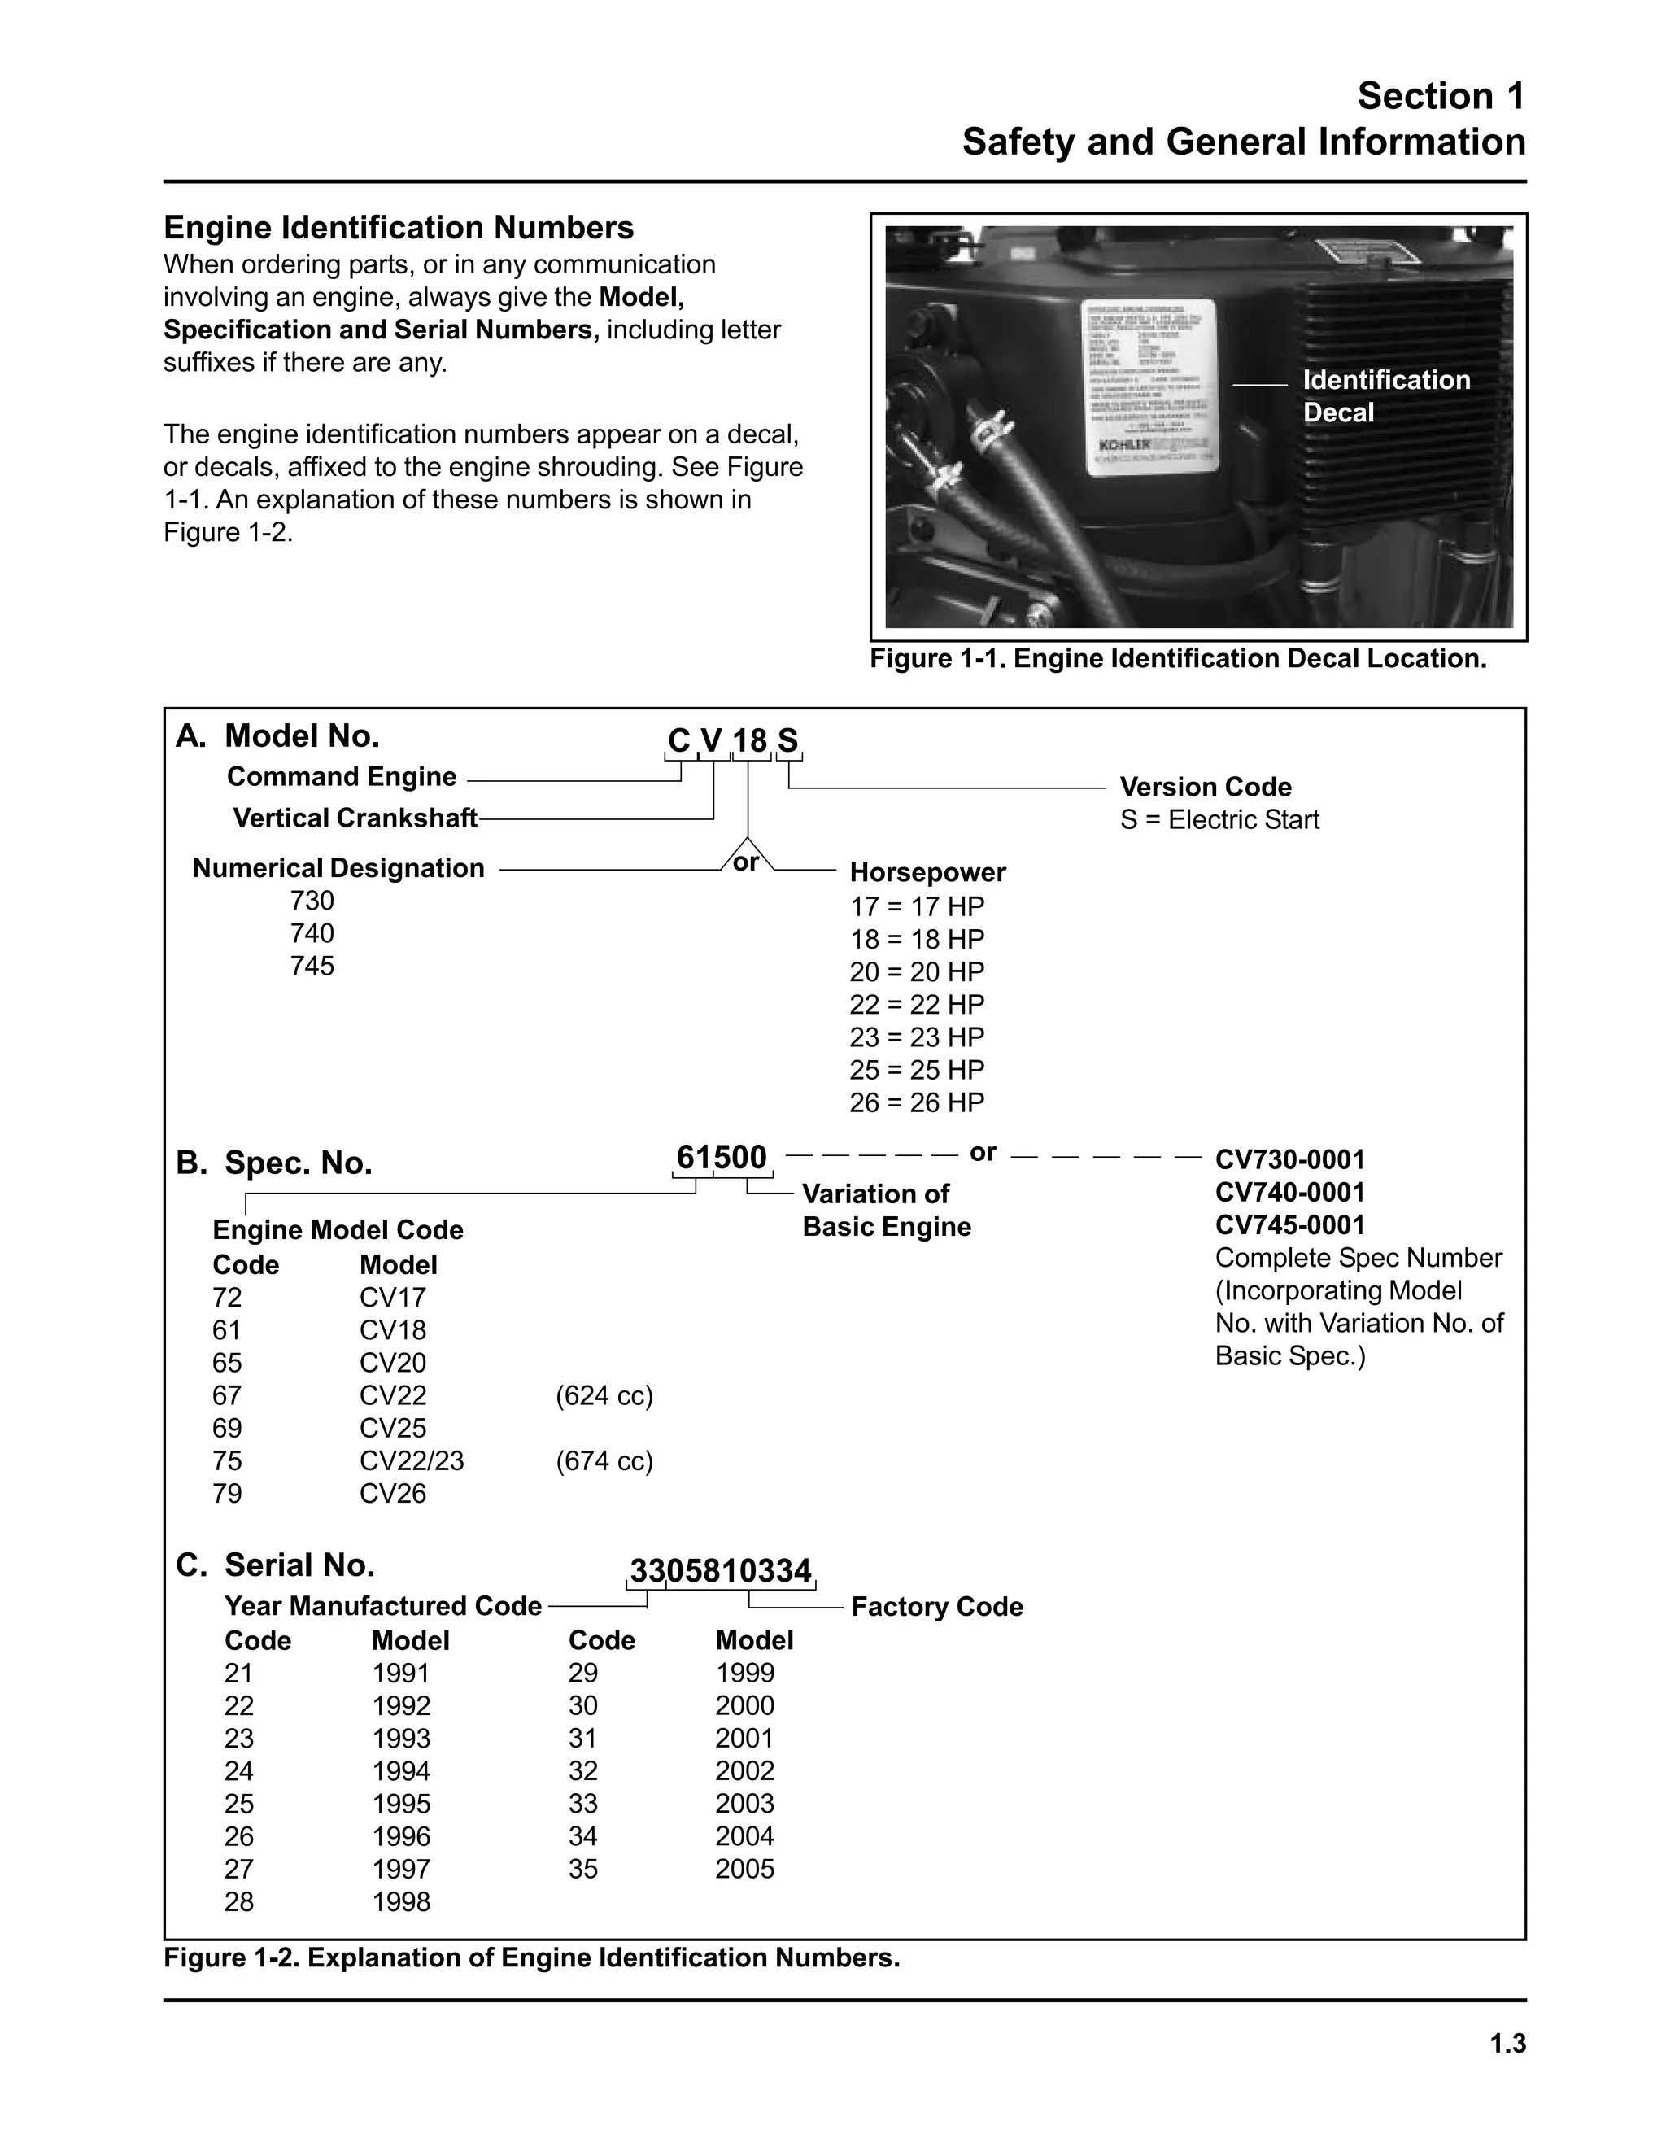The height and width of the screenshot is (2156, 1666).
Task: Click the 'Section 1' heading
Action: coord(1440,96)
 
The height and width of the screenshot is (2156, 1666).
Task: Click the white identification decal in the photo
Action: coord(1149,387)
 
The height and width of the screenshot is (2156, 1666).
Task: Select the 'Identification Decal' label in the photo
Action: coord(1385,396)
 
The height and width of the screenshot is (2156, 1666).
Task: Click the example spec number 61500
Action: coord(722,1157)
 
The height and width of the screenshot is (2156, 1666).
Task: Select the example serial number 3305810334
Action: coord(721,1570)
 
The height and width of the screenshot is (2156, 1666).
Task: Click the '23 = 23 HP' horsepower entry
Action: coord(917,1037)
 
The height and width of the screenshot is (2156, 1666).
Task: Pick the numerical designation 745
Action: coord(312,966)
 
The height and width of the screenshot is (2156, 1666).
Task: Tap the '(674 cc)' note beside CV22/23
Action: coord(604,1461)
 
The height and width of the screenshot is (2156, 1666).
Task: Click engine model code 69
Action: coord(227,1429)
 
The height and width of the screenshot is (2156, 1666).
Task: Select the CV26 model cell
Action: coord(393,1494)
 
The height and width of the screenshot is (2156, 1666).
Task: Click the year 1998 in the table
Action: coord(401,1902)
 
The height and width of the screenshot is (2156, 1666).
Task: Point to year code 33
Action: coord(583,1804)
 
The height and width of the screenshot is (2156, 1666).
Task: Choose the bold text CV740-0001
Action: coord(1290,1193)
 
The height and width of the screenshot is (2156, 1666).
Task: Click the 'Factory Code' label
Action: coord(936,1607)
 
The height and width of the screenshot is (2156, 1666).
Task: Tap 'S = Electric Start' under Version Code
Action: coord(1219,820)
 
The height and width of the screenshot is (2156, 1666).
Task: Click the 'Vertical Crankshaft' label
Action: coord(355,818)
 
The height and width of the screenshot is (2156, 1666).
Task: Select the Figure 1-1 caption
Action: coord(1177,658)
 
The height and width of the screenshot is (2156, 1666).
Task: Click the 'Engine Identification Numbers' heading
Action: coord(399,228)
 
